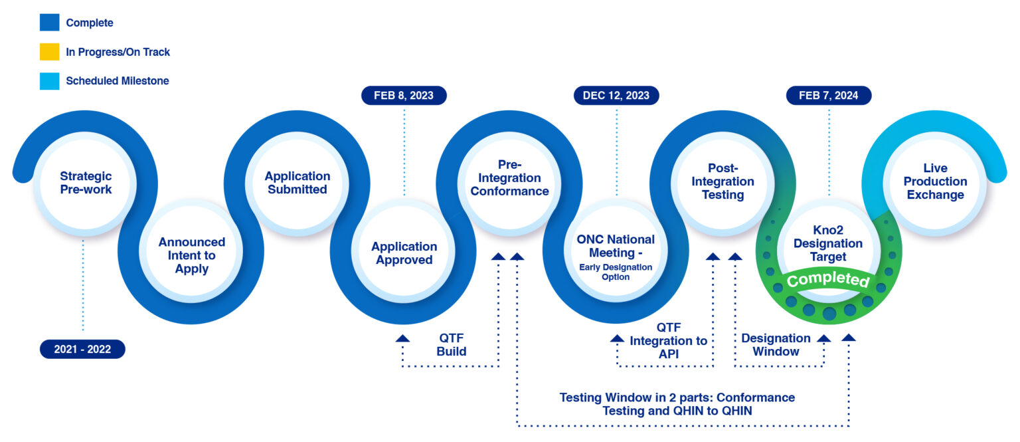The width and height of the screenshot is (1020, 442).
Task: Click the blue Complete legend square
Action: pos(49,23)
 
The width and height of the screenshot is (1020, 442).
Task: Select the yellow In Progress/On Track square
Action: pos(49,52)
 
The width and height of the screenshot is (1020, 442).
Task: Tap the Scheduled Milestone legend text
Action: pos(117,81)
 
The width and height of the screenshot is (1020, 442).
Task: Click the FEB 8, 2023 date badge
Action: pos(404,96)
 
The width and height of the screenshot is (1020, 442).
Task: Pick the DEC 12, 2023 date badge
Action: pos(616,96)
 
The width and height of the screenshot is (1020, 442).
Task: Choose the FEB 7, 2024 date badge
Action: pos(829,96)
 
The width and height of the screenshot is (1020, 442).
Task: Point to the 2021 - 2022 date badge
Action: pos(82,349)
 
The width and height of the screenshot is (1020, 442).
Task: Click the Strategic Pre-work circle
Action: pos(86,183)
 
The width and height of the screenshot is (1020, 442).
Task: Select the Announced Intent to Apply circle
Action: pos(192,255)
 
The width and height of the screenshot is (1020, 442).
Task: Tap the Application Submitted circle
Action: pos(297,183)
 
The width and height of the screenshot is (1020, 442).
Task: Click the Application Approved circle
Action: pos(404,253)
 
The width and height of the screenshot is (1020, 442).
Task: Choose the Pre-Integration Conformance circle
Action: pos(510,177)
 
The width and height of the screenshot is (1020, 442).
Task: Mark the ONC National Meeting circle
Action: pos(616,255)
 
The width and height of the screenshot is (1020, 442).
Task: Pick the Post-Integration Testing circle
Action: pos(722,181)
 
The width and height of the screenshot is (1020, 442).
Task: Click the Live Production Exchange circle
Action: pos(935,181)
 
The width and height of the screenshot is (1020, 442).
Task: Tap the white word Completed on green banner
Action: pos(828,279)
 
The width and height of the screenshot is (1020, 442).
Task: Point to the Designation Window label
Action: pos(776,344)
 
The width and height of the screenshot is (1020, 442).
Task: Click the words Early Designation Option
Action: pos(616,272)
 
